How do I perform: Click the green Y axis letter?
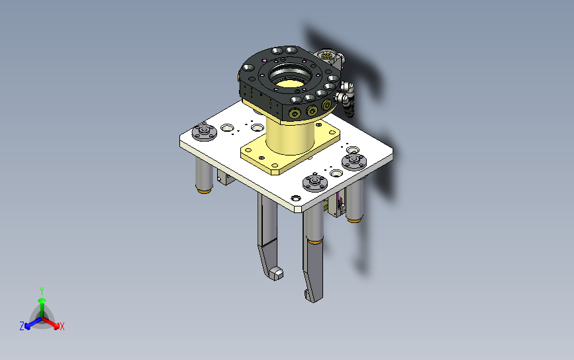point(42,291)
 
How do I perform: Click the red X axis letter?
point(62,326)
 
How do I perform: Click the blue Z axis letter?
point(22,326)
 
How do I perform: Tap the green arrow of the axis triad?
point(42,307)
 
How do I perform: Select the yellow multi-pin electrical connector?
point(326,56)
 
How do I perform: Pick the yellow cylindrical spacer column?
point(290,136)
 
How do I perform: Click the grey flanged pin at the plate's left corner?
point(205,132)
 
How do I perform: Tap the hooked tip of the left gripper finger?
point(275,273)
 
